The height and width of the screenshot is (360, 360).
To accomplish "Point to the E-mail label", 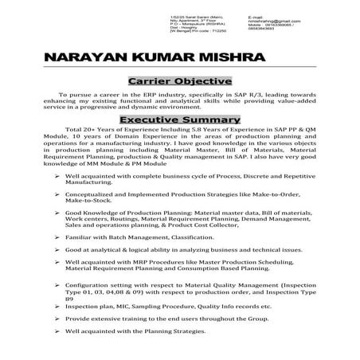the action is (x=256, y=16).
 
